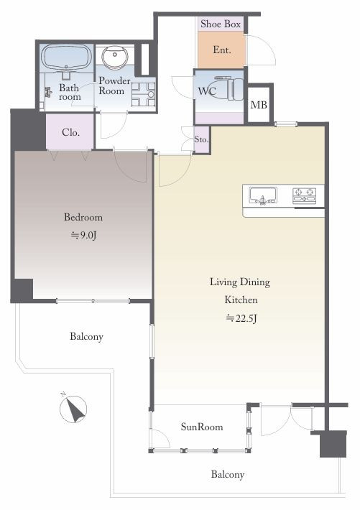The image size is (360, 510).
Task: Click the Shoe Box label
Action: pyautogui.click(x=221, y=24)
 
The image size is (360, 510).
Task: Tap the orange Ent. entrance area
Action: pyautogui.click(x=221, y=50)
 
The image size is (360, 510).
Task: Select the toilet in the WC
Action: pyautogui.click(x=230, y=88)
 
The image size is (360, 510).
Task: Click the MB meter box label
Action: pyautogui.click(x=259, y=105)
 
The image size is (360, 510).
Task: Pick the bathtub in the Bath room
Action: pyautogui.click(x=67, y=57)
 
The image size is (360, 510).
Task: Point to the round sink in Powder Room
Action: pyautogui.click(x=114, y=57)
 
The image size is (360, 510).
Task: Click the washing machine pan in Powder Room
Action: pyautogui.click(x=143, y=94)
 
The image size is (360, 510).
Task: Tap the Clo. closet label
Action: pyautogui.click(x=70, y=132)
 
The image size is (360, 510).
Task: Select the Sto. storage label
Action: pyautogui.click(x=201, y=139)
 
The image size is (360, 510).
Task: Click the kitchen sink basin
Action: pyautogui.click(x=263, y=195)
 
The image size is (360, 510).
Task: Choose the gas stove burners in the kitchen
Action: pyautogui.click(x=305, y=195)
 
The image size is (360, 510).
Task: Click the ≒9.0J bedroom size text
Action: pyautogui.click(x=83, y=235)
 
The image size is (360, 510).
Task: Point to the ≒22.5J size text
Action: pyautogui.click(x=241, y=317)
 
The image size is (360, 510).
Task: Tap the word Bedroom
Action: pyautogui.click(x=83, y=217)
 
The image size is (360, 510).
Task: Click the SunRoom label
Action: pyautogui.click(x=202, y=427)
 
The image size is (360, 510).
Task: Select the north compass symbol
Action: pyautogui.click(x=73, y=409)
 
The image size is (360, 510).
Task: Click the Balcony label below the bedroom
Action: pyautogui.click(x=86, y=336)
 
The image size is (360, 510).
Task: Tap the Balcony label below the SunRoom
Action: pyautogui.click(x=228, y=474)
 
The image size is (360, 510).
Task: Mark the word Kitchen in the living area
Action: pyautogui.click(x=241, y=300)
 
